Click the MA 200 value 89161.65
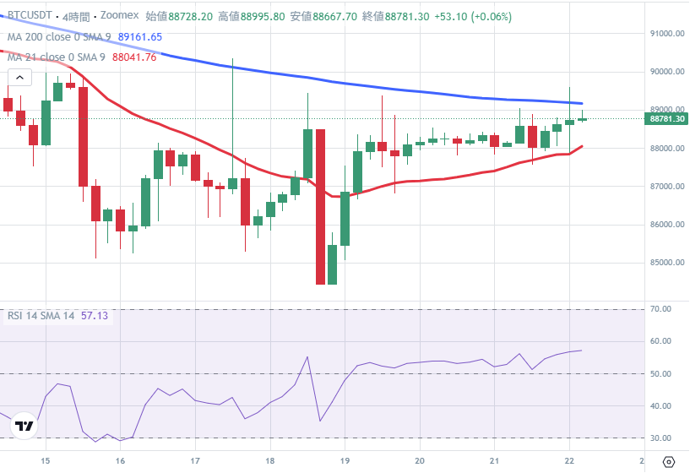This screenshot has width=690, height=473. pos(140,37)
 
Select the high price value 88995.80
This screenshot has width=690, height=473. pos(262,16)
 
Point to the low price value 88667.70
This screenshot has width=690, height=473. pos(335,16)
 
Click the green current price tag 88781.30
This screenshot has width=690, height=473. pos(667,119)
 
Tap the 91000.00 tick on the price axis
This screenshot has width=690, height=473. pos(666,34)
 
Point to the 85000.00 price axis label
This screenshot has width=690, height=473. pos(666,263)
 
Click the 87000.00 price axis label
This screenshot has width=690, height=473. pos(666,187)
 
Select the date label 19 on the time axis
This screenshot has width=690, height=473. pos(345,461)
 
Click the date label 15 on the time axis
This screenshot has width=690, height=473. pos(46,461)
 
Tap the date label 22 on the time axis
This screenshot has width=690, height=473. pos(569,461)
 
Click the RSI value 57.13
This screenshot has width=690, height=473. pos(95,316)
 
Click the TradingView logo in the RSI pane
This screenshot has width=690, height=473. pos(25,427)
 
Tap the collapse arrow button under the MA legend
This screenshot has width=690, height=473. pos(19,78)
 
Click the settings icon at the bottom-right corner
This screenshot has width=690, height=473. pos(669,461)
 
